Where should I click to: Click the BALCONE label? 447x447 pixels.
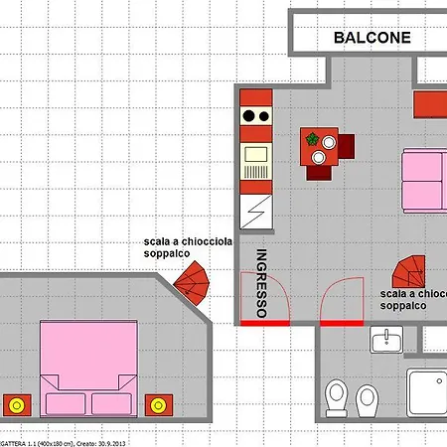coord(372,38)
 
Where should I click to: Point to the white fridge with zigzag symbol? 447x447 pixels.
coord(255,209)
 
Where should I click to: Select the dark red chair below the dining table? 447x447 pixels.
coord(319,171)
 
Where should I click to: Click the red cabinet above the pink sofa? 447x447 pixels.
coord(430,104)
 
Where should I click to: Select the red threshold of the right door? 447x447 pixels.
coord(342,323)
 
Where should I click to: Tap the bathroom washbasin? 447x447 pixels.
coord(385,342)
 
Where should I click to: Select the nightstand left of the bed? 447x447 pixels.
coord(16,405)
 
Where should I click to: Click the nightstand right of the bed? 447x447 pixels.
coord(157,405)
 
